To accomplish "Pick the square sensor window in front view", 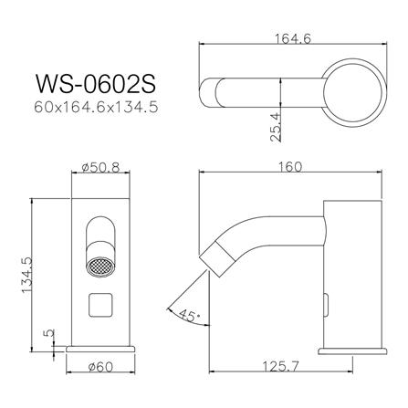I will tap(102, 306).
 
